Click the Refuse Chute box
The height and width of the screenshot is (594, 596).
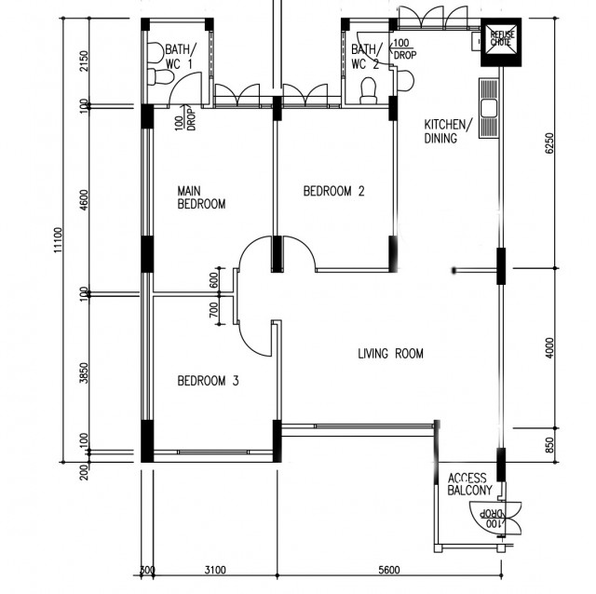pos(501,42)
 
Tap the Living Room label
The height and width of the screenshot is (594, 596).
pos(391,354)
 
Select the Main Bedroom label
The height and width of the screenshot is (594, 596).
pos(201,197)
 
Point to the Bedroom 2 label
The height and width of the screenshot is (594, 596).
pos(333,191)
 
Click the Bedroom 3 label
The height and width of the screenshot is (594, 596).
pos(208,381)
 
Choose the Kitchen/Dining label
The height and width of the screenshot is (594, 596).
pos(449,131)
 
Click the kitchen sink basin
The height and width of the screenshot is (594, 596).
pos(488,109)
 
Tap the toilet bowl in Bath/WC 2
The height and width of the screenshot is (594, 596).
pos(369,91)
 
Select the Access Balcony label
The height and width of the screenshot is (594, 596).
pos(469,484)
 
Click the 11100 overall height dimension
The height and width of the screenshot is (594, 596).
pos(58,240)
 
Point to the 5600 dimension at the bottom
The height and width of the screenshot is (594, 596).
pos(389,570)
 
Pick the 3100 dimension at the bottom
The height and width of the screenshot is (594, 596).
pos(215,570)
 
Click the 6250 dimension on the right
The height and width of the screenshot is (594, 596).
pos(549,142)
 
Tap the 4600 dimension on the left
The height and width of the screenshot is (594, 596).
pos(84,200)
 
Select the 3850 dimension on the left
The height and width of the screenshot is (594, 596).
pos(84,372)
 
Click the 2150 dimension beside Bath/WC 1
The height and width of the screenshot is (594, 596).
pos(84,61)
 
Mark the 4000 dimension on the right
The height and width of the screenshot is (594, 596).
pos(549,347)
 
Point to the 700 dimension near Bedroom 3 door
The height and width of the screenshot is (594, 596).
pos(214,310)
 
